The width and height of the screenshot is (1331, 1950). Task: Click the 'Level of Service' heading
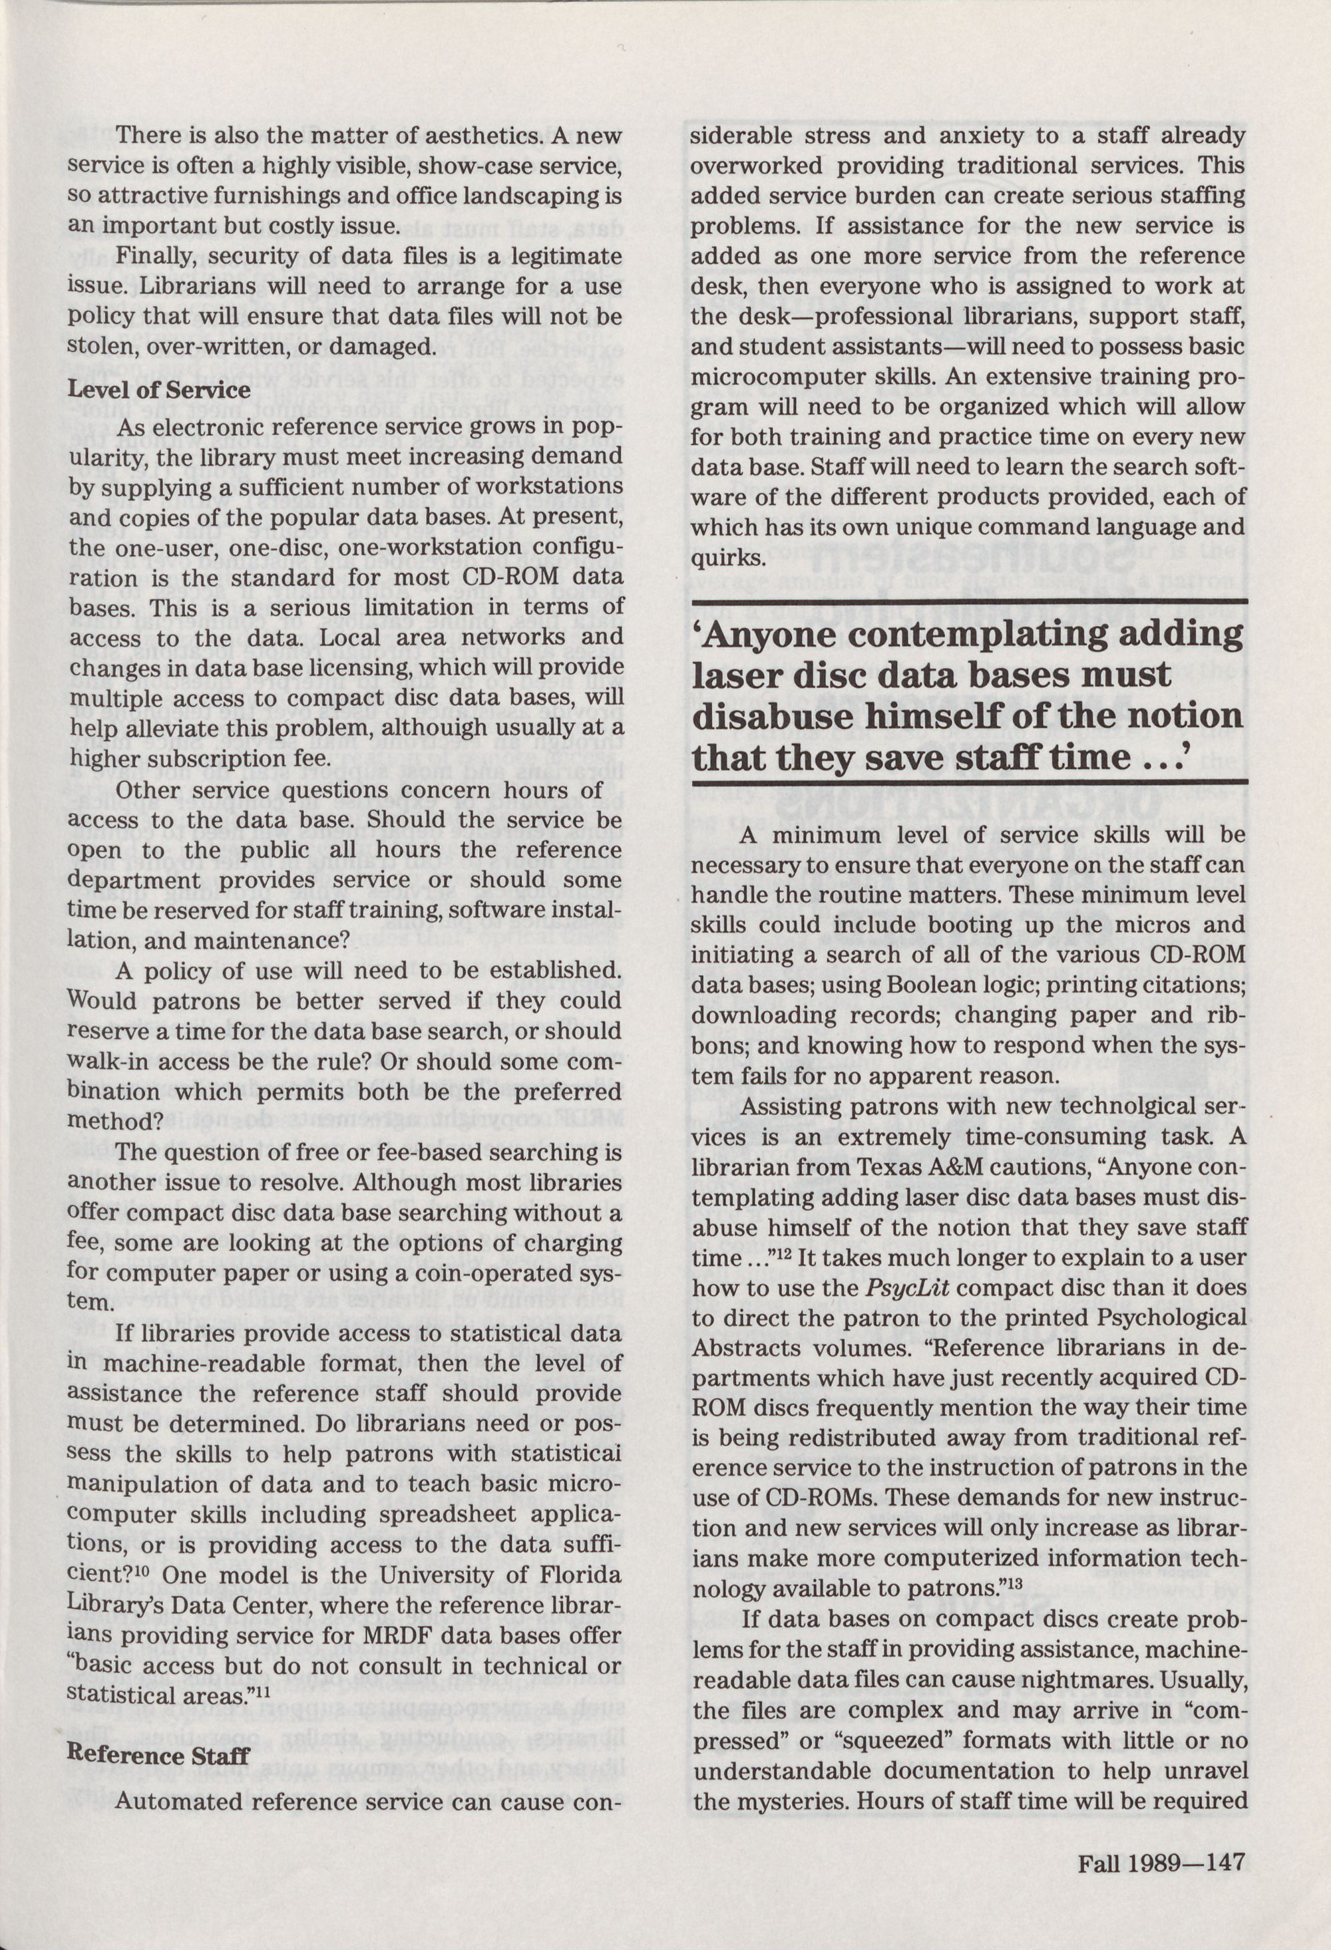tap(158, 390)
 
